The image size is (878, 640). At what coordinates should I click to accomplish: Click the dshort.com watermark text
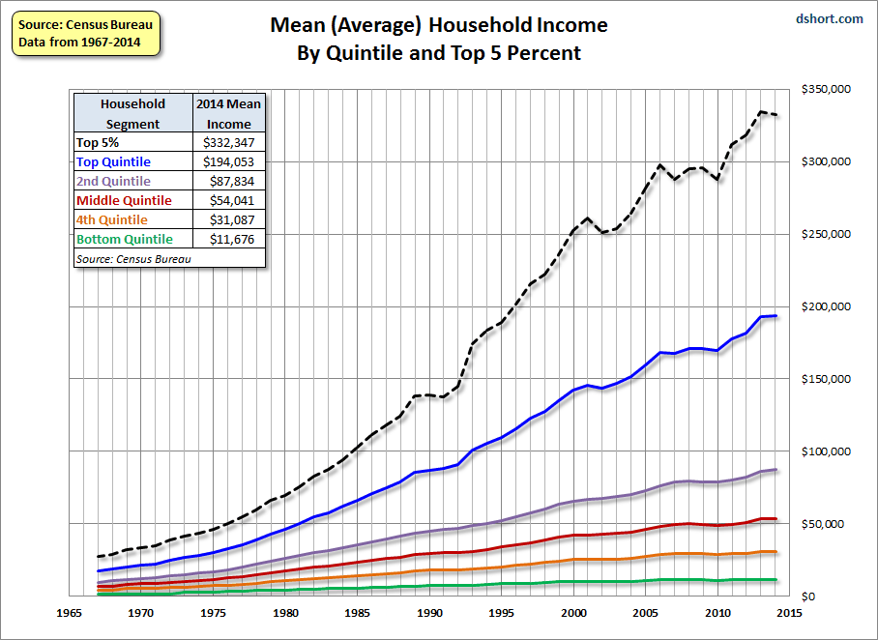[829, 18]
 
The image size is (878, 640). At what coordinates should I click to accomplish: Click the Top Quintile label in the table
[113, 161]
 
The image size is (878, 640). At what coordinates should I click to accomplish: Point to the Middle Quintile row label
[124, 200]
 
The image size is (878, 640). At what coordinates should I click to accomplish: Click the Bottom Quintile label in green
[125, 239]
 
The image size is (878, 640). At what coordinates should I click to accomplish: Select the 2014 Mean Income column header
[228, 113]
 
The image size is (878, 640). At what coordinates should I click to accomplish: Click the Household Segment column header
[132, 113]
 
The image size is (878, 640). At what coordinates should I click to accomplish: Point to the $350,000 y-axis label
[825, 89]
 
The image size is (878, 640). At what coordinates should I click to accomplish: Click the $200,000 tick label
[825, 306]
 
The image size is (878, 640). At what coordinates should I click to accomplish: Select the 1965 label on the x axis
[68, 613]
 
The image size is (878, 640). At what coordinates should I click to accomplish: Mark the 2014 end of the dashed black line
[776, 115]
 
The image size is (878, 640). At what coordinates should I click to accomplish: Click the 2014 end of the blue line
[776, 316]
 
